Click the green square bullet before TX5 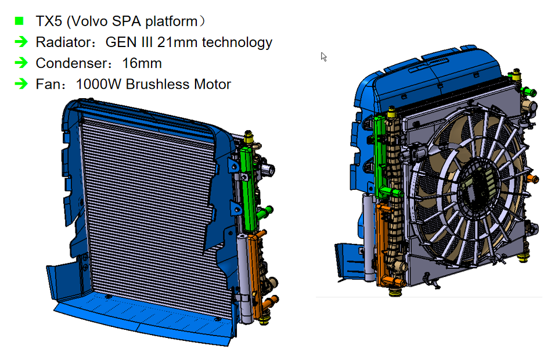tap(19, 21)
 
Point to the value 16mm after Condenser tap(142, 63)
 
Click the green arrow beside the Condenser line tap(21, 63)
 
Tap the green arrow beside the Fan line tap(21, 84)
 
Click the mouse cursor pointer tap(323, 56)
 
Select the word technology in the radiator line tap(237, 42)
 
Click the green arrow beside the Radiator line tap(21, 42)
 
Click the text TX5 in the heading tap(49, 21)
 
